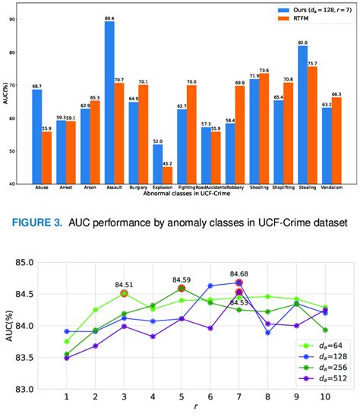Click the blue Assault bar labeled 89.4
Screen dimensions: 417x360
click(109, 103)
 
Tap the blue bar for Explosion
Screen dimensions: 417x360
click(157, 163)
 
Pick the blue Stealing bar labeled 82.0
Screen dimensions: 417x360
click(302, 114)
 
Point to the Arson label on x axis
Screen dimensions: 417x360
click(85, 188)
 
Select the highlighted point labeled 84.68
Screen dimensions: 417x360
click(238, 283)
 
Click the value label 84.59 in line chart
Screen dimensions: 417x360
click(181, 280)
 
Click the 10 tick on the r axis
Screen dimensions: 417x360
click(326, 396)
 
